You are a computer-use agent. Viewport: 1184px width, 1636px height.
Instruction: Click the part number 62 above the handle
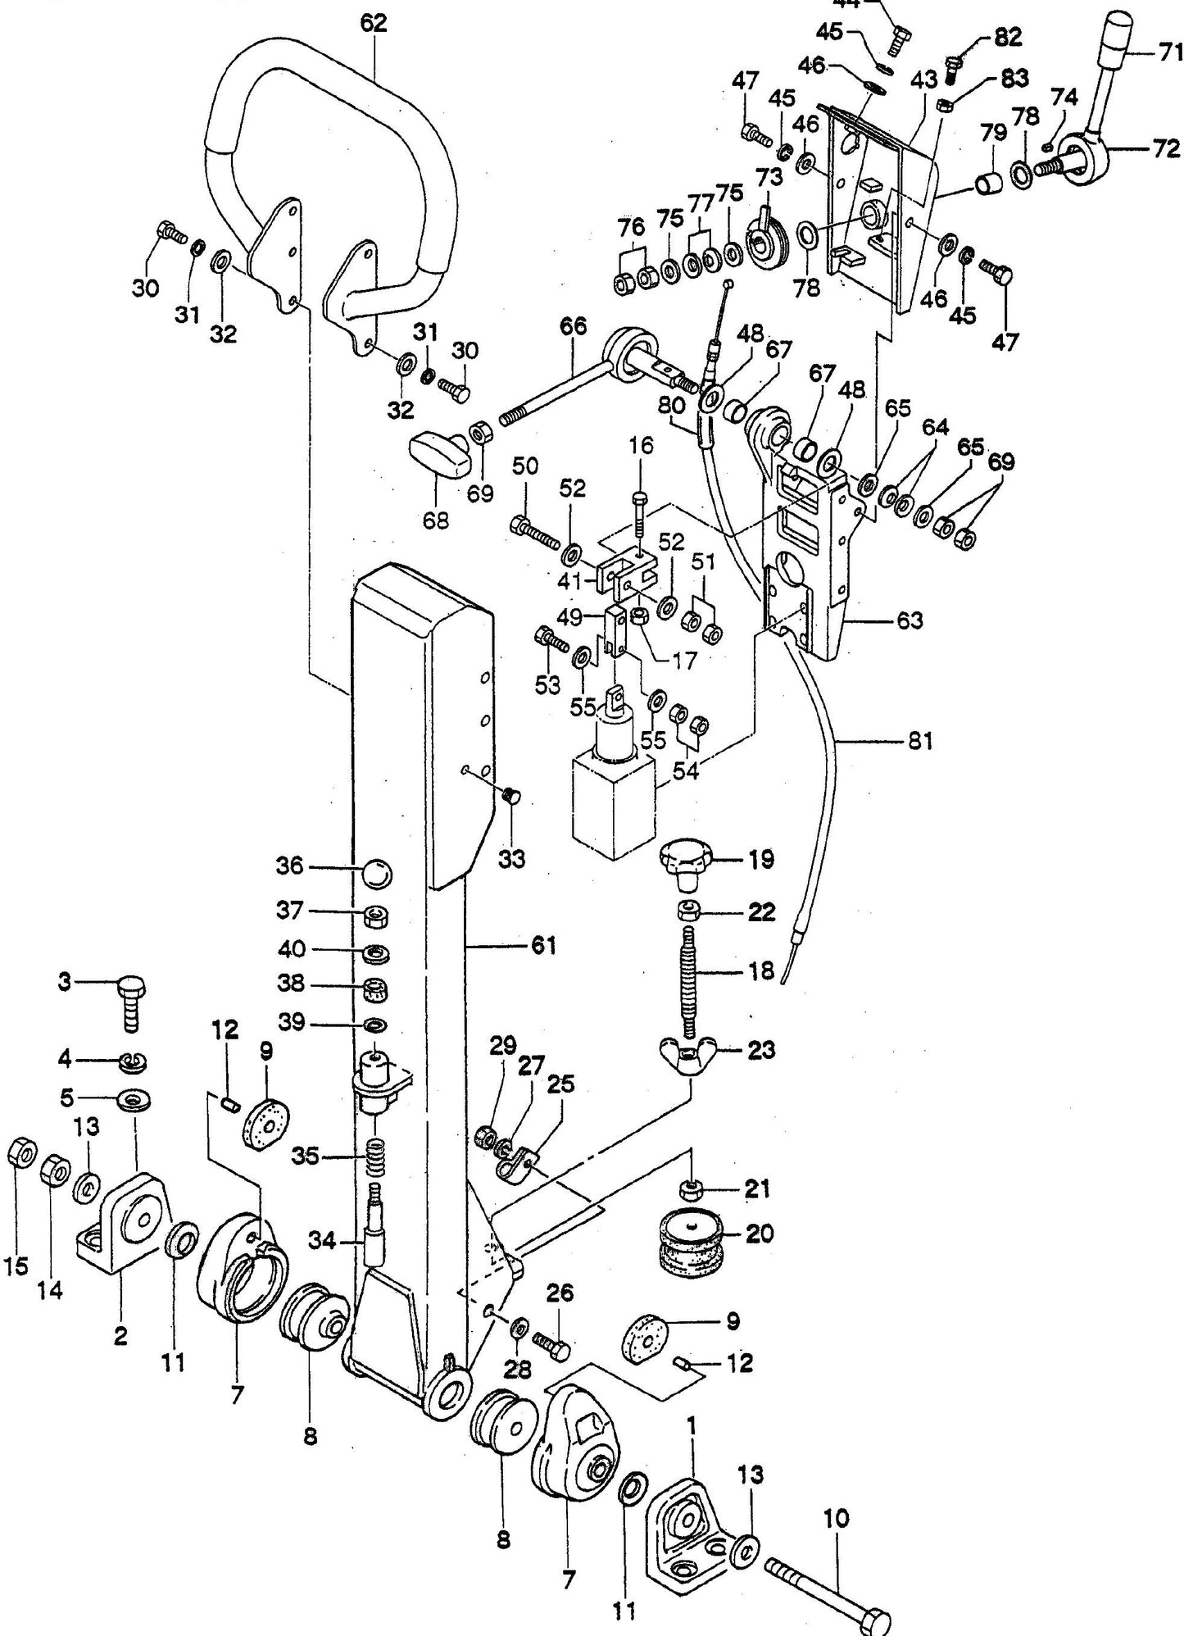tap(373, 23)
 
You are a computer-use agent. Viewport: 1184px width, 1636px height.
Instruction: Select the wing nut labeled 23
tap(687, 1050)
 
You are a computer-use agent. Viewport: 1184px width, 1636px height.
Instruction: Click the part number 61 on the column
tap(543, 946)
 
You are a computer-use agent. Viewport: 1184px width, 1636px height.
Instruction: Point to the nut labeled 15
tap(20, 1155)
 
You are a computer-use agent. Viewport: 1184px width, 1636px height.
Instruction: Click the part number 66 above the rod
tap(573, 326)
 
